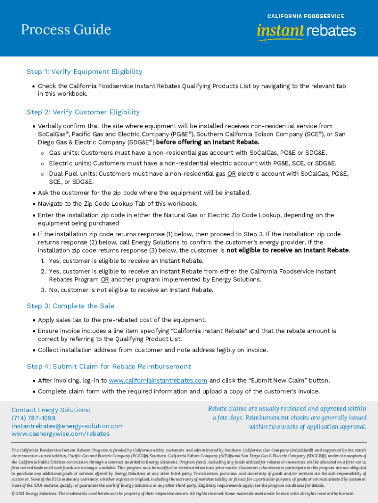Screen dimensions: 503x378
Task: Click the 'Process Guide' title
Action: coord(66,30)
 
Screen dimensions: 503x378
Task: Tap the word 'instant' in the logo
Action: coord(280,31)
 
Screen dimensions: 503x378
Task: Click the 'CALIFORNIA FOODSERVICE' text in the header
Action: coord(305,16)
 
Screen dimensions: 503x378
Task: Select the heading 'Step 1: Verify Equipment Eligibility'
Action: coord(84,72)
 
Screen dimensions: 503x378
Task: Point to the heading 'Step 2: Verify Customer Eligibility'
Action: coord(83,112)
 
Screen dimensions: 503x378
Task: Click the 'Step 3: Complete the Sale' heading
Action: coord(70,306)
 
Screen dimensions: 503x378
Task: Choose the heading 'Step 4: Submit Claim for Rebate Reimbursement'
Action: coord(108,366)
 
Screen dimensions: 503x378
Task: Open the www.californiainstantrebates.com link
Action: coord(158,381)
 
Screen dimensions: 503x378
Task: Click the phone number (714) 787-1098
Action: coord(33,418)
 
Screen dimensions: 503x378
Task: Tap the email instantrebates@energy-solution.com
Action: coord(67,426)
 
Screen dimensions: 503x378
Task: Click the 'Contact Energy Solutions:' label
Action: coord(51,410)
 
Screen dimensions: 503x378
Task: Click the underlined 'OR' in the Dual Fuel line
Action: coord(231,173)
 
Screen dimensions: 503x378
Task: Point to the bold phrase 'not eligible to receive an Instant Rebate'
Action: coord(288,250)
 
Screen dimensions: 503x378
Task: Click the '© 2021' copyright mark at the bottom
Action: coord(20,493)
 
